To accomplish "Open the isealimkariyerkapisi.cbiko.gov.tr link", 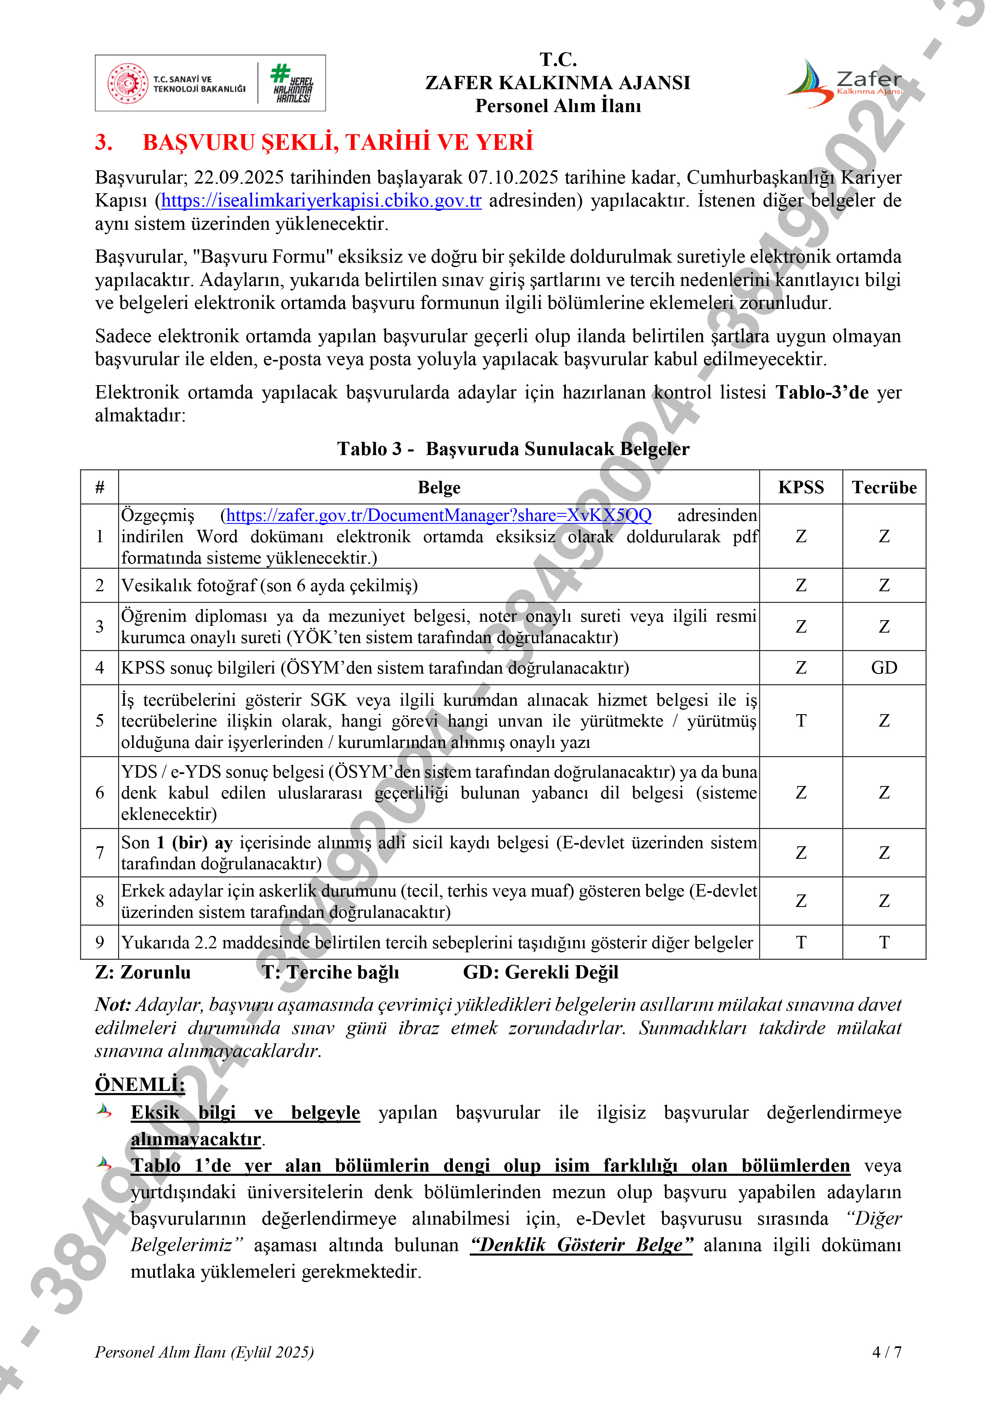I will click(321, 201).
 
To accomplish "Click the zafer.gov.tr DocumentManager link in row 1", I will click(439, 515).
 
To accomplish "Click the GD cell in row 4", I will click(884, 668).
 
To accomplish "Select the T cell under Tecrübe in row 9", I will click(884, 943).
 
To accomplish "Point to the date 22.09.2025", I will click(239, 178).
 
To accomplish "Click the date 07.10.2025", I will click(513, 178).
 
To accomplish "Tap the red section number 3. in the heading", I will click(104, 142).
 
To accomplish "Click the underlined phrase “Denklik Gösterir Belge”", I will click(581, 1245).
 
